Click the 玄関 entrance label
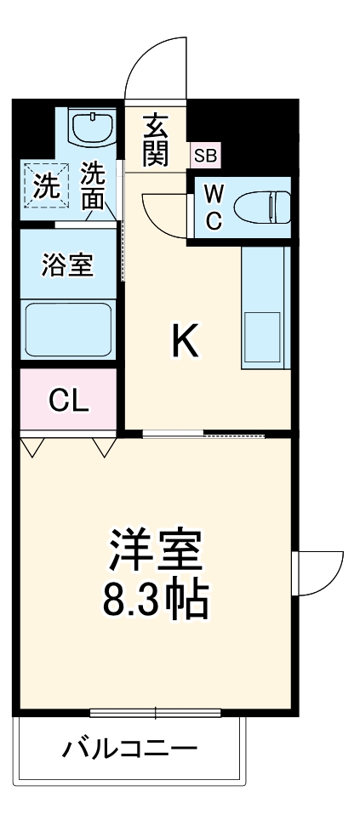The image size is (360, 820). (155, 140)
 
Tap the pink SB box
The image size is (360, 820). (205, 156)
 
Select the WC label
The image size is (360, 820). (214, 208)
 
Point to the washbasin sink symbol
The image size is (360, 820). (91, 127)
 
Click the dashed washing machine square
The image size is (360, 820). (42, 184)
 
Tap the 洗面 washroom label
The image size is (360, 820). (93, 186)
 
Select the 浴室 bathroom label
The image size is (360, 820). (67, 265)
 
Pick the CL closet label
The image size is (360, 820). (68, 401)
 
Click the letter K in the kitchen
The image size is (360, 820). (185, 342)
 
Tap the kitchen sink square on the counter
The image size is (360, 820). (263, 335)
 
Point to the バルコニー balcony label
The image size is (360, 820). (130, 749)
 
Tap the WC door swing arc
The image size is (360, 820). (163, 213)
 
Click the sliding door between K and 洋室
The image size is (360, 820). (204, 436)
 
